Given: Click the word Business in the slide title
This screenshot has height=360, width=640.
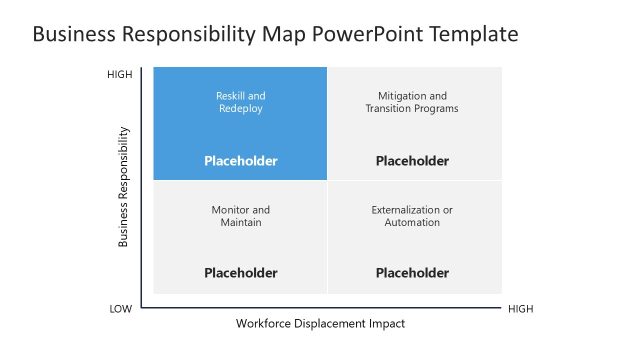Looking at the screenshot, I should [72, 34].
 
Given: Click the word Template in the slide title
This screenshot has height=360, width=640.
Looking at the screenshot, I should [472, 34].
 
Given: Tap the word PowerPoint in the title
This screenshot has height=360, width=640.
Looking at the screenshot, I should [368, 34].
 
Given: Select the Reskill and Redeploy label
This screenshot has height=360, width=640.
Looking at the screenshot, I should [241, 102].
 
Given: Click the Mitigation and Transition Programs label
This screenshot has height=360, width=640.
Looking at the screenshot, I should [412, 102].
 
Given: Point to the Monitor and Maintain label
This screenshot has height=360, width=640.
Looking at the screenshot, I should [241, 216].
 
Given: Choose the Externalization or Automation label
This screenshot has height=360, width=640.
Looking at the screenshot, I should [412, 216].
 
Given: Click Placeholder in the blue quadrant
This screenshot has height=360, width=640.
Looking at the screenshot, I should [241, 161].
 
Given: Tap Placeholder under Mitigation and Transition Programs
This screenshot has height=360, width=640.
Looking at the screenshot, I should [412, 161].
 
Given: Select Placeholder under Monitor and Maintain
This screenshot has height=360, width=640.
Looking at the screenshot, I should [241, 273].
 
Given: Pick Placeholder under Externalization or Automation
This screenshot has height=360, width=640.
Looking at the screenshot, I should [412, 273].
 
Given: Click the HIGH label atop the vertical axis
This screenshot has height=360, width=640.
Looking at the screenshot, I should [120, 75].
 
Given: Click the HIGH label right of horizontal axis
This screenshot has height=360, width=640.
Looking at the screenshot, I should [521, 309].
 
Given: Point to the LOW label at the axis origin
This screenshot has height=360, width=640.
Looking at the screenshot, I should [120, 309].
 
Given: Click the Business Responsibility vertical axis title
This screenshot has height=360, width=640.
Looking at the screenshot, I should [124, 186].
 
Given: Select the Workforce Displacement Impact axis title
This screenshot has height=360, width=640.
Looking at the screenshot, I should [321, 324].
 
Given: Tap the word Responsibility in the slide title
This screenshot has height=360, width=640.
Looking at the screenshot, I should [187, 34].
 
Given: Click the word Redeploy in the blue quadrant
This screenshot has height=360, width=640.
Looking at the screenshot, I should [241, 109].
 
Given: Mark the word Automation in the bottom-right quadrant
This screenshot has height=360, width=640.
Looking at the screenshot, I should [412, 223].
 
